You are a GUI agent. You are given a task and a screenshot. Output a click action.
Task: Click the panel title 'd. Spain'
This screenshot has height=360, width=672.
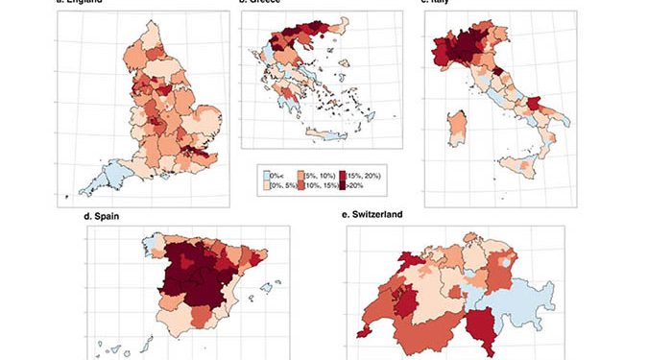click(x=104, y=217)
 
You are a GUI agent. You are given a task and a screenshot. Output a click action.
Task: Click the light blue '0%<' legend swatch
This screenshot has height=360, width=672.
click(x=265, y=175)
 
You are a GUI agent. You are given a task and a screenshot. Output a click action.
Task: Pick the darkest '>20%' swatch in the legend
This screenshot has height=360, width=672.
click(x=343, y=185)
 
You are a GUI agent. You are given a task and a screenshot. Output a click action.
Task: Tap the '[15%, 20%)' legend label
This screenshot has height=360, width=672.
click(x=365, y=175)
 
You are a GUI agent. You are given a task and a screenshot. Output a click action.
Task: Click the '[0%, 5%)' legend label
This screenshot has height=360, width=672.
click(x=281, y=185)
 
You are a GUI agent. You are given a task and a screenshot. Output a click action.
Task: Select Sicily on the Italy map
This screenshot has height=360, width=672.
click(x=524, y=169)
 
